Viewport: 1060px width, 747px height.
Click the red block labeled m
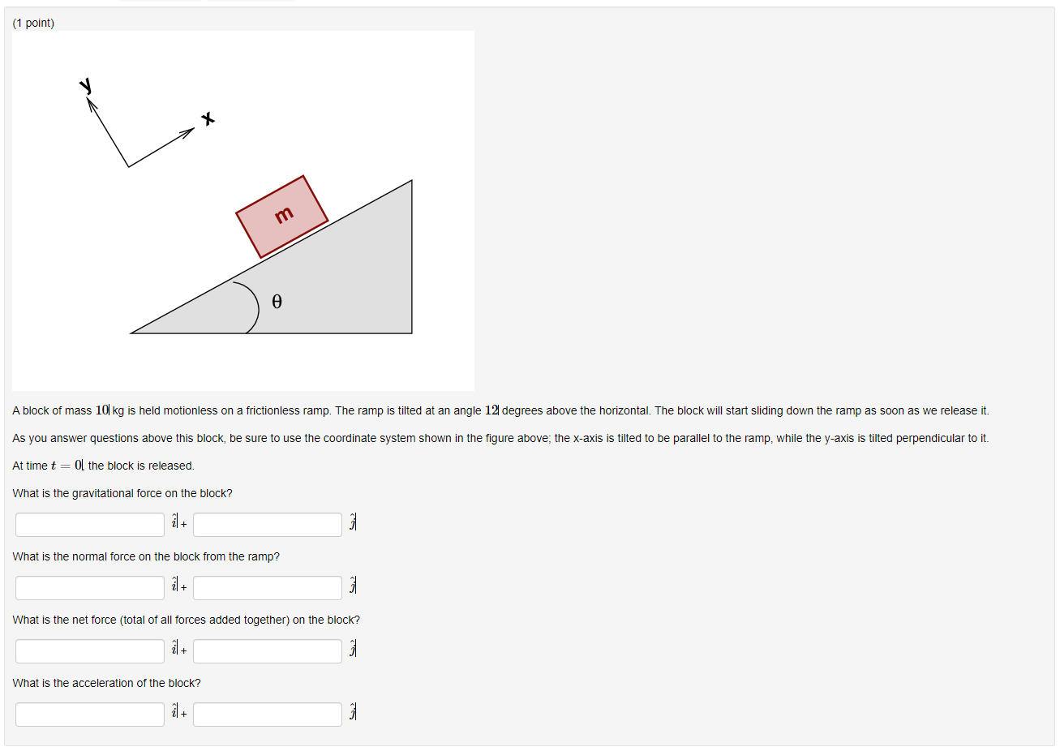281,216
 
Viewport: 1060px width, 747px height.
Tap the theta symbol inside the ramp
277,302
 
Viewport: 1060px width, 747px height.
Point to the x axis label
208,118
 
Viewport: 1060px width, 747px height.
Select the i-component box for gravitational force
90,525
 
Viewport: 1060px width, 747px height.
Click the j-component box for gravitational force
268,525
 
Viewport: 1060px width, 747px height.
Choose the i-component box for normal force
90,588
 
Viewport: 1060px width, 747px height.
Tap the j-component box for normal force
268,588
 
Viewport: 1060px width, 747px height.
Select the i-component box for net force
90,651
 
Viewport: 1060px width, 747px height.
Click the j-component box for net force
268,651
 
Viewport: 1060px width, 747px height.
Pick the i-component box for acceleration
90,715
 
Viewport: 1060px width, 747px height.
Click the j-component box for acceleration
268,715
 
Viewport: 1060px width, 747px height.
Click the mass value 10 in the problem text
102,410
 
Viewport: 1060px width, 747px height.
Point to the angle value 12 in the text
491,410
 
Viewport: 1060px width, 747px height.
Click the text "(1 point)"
33,23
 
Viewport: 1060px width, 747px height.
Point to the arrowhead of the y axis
91,104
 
